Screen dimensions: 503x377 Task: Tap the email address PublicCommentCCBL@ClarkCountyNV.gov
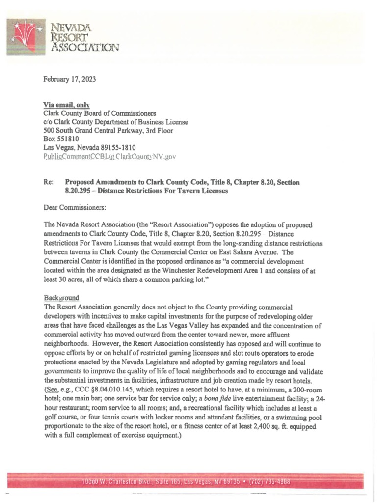point(109,156)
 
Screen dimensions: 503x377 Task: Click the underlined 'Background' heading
point(61,298)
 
